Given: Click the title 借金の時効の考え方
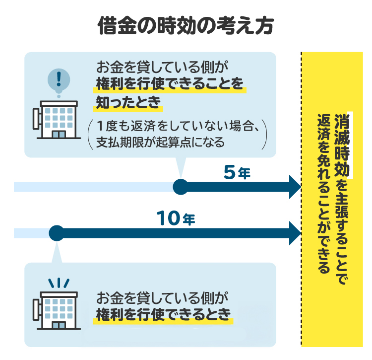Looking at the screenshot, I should pyautogui.click(x=186, y=25).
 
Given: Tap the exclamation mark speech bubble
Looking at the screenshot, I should pyautogui.click(x=59, y=80).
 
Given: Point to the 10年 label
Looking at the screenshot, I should pyautogui.click(x=177, y=218).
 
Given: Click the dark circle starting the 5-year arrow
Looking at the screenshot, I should pyautogui.click(x=180, y=187).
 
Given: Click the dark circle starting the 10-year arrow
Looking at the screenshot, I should pyautogui.click(x=57, y=233).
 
